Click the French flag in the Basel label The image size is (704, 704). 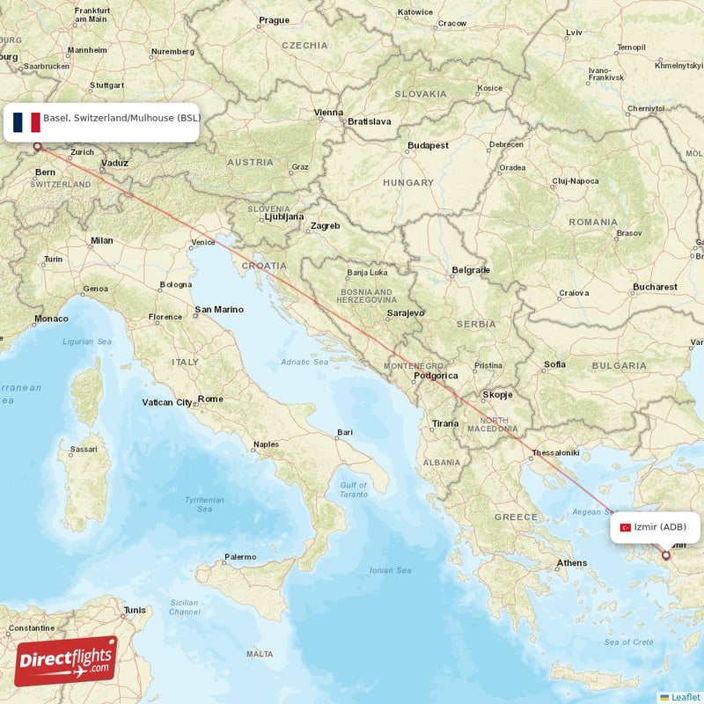(26, 122)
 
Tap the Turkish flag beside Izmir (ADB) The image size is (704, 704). (626, 527)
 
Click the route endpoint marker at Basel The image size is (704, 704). (37, 147)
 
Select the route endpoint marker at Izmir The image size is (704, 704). (665, 555)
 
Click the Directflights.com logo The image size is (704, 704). (66, 661)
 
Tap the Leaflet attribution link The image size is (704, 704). (685, 696)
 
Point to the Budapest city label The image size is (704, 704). (429, 145)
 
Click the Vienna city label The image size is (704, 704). (329, 112)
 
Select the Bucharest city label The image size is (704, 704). (655, 287)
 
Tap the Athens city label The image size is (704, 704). (572, 563)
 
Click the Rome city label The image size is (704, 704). (210, 399)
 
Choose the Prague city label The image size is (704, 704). (274, 19)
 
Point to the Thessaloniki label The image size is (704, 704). (554, 452)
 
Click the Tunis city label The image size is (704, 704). (135, 610)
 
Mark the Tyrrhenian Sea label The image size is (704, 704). (204, 504)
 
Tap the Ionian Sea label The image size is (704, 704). (390, 570)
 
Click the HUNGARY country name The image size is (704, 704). (407, 183)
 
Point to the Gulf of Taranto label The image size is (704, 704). (354, 490)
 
